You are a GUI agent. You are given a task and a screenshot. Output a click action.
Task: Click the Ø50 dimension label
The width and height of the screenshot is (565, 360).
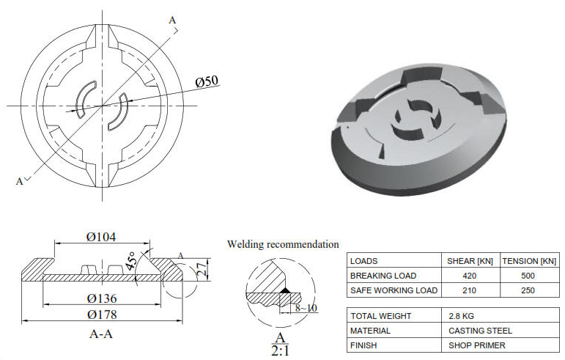coord(207,82)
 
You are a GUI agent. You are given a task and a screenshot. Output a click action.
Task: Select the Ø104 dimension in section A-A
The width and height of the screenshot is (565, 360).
coord(101,237)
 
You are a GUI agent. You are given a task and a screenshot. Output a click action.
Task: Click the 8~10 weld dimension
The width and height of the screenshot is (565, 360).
coord(306,308)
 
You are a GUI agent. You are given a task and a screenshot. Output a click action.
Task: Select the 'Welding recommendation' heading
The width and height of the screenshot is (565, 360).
coord(283,244)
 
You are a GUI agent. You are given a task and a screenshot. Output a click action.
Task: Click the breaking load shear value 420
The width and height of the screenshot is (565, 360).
coord(470,276)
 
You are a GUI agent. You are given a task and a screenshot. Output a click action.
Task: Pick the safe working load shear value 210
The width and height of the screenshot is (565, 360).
coord(470,290)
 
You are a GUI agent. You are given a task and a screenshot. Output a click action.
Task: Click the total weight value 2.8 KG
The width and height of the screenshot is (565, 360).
coord(460,316)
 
